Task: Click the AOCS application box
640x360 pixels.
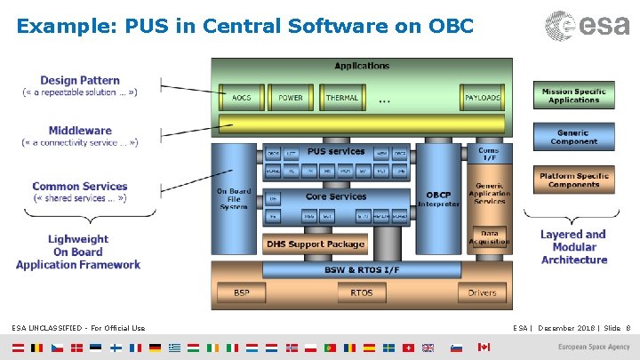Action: click(240, 98)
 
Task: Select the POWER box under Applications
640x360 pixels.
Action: click(291, 98)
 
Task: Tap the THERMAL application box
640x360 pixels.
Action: click(342, 98)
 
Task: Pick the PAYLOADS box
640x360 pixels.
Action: click(483, 98)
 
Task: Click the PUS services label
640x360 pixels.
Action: click(336, 152)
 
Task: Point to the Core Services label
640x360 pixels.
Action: click(336, 196)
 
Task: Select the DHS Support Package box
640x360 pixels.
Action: click(316, 244)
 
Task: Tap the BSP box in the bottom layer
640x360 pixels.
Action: click(242, 292)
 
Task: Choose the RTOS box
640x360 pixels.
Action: click(362, 292)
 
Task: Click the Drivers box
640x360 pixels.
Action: click(482, 292)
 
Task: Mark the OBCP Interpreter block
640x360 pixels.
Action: click(437, 199)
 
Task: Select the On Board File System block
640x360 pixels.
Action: click(234, 199)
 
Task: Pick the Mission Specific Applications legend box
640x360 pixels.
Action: click(573, 95)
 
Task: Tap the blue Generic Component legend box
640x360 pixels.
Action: click(573, 137)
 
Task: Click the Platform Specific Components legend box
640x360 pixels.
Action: click(573, 180)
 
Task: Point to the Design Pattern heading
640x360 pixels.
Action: click(80, 81)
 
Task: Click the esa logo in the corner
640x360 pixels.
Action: click(588, 26)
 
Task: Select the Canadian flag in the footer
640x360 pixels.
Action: click(484, 347)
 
